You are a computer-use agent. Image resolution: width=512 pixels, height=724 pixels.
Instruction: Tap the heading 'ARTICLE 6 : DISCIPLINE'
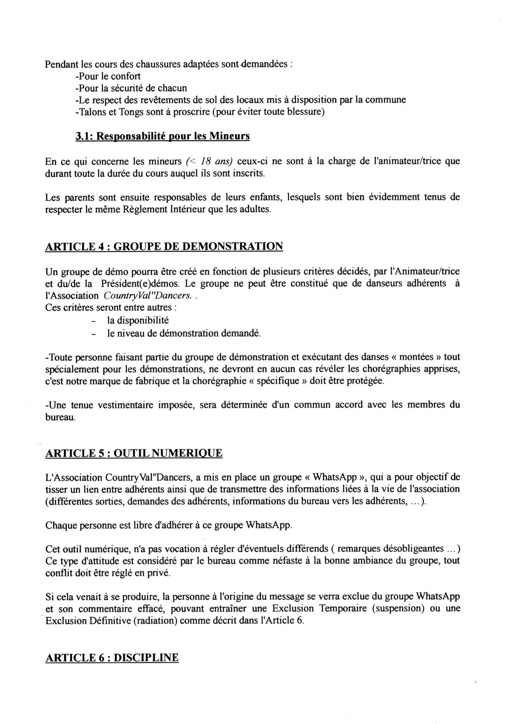pos(112,657)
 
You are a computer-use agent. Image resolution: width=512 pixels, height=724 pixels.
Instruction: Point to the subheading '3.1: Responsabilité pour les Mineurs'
pos(162,136)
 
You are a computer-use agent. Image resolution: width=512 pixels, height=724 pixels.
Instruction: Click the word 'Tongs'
pos(132,112)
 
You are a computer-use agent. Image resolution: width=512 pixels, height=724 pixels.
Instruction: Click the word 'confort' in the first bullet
pos(123,76)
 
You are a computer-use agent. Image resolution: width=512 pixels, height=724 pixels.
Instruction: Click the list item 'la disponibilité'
pos(138,321)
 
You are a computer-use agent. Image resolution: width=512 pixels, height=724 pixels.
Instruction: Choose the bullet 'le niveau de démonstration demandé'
pos(184,333)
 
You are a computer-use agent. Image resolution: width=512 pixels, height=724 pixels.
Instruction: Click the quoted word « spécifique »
pos(279,381)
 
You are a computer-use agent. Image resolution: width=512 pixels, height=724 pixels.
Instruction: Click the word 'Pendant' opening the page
pos(61,64)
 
